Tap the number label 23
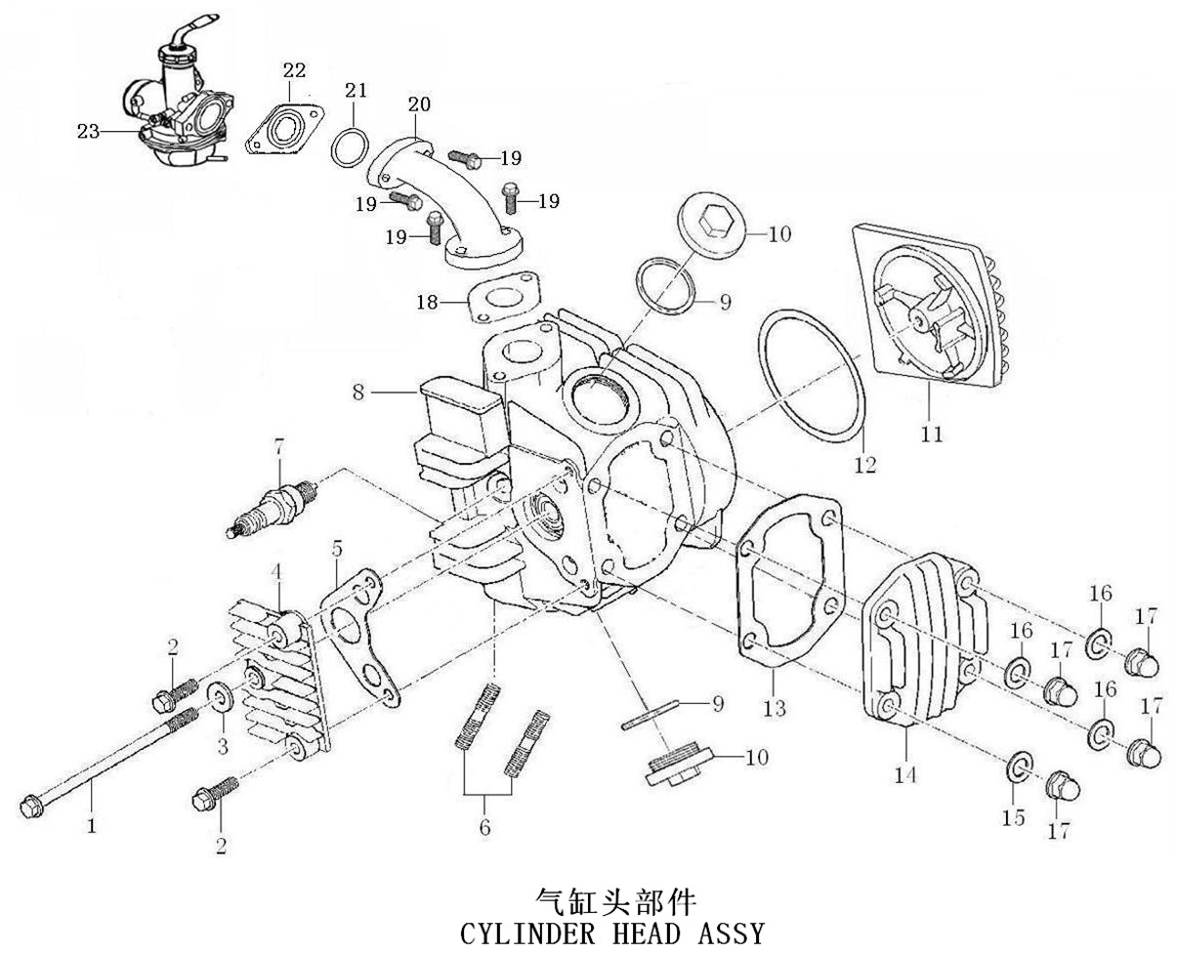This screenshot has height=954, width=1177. [x=89, y=132]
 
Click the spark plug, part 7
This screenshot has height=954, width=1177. [x=273, y=505]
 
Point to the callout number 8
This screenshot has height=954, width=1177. [x=358, y=393]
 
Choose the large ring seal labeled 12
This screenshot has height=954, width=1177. [x=812, y=376]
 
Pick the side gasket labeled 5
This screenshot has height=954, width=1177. [x=363, y=640]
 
